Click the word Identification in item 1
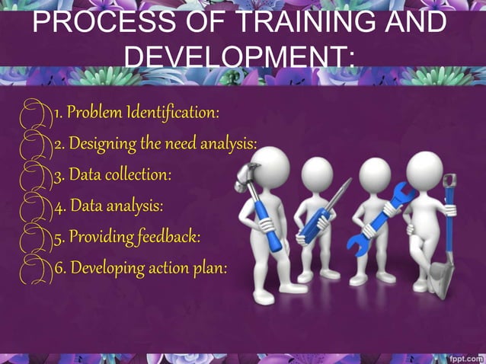click(174, 113)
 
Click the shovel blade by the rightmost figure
click(443, 271)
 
